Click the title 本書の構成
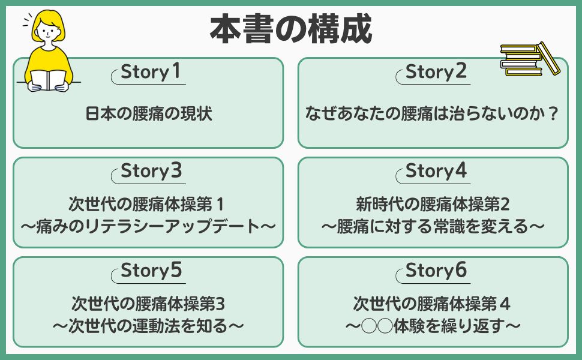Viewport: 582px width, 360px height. click(290, 28)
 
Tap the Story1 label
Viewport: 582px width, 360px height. click(151, 72)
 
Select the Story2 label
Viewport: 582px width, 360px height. click(436, 72)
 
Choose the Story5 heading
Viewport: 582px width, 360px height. click(151, 271)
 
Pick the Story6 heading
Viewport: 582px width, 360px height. click(436, 271)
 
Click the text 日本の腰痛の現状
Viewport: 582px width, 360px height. click(148, 113)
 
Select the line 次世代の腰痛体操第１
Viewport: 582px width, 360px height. click(148, 205)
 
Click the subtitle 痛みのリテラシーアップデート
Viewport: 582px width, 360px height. click(148, 227)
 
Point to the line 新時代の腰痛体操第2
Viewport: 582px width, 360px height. click(433, 205)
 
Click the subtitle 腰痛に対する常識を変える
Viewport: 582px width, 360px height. click(433, 227)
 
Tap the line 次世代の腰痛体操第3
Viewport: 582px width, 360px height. click(148, 304)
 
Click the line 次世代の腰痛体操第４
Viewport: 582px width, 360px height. click(433, 304)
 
